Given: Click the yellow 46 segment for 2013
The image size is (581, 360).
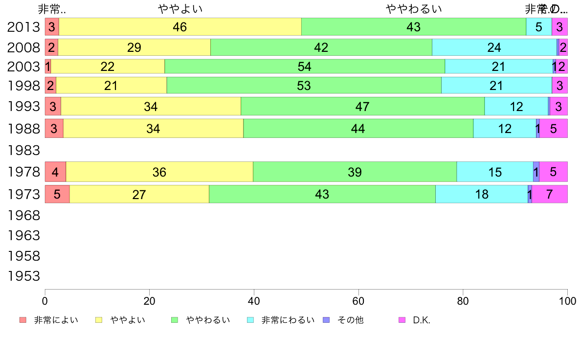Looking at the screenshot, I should (180, 27).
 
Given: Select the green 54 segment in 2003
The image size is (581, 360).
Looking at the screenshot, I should (305, 66).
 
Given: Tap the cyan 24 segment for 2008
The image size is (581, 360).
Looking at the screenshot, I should (494, 47).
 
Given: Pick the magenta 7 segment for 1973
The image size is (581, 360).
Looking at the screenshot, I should (549, 194).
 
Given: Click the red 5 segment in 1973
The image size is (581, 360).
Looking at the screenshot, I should (57, 194).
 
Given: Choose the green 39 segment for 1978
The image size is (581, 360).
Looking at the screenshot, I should (355, 172).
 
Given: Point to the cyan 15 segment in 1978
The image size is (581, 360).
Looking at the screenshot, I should (495, 172).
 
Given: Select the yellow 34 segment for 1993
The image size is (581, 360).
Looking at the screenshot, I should (151, 106).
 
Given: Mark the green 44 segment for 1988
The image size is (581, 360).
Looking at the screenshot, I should (358, 129).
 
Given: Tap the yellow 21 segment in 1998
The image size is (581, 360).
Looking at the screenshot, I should (111, 86).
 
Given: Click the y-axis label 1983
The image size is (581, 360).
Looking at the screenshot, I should (23, 150).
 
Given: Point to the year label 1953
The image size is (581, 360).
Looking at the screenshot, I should (23, 276).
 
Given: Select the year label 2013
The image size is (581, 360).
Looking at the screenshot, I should (23, 27).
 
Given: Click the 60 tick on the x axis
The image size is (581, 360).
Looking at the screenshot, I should (358, 300).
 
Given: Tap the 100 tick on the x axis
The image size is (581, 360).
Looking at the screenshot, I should (567, 300).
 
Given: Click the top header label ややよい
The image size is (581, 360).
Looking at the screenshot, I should (180, 9).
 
